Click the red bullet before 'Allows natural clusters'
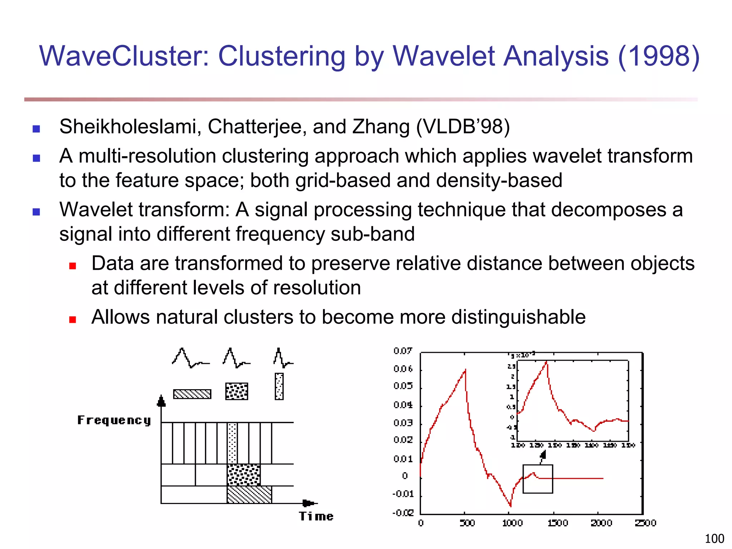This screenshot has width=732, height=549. pos(73,319)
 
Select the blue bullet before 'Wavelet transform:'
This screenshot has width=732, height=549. pos(36,212)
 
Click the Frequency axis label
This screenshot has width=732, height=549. pos(114,420)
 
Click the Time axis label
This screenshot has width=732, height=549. pos(316,516)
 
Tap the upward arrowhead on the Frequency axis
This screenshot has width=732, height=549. pos(162,401)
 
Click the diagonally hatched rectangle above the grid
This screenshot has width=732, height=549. pos(192,394)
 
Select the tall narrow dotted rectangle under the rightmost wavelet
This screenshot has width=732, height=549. pos(279,386)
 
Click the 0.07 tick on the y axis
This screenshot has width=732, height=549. pos(403,351)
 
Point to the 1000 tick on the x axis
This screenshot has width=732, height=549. pos(512,523)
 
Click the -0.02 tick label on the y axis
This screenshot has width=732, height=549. pos(403,513)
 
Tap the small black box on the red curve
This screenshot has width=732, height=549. pos(538,479)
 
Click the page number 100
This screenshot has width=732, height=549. pos(714,538)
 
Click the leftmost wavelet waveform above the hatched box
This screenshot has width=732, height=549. pos(190,358)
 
